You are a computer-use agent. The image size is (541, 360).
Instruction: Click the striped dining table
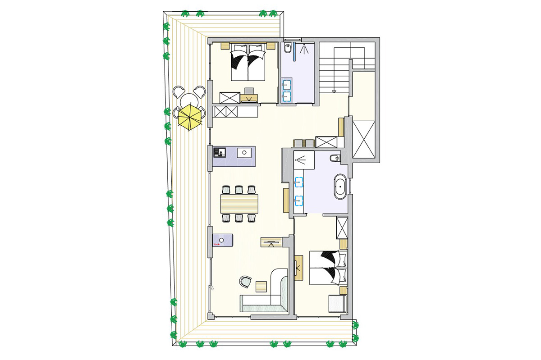click(x=239, y=203)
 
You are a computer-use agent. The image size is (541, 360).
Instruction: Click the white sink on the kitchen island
click(x=244, y=152)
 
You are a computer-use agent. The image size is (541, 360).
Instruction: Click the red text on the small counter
click(x=216, y=244)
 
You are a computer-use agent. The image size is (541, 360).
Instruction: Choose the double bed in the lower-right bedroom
click(x=328, y=269)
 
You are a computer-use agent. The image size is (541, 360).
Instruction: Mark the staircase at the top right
click(x=334, y=69)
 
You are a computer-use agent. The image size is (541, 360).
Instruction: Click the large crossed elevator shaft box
click(x=363, y=139)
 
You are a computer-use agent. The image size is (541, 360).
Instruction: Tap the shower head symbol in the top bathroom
click(x=305, y=48)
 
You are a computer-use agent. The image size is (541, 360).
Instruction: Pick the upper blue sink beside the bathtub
click(x=298, y=182)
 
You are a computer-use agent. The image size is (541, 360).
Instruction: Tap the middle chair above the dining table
click(x=239, y=190)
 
